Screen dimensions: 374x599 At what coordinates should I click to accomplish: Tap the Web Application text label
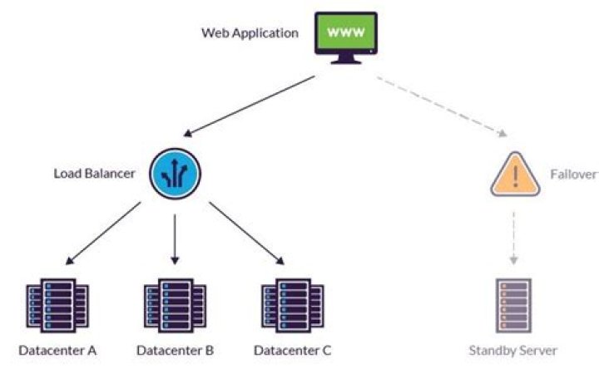[250, 33]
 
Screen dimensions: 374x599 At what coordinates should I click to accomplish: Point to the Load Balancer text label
[93, 174]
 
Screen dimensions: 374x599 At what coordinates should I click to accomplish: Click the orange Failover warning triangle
[514, 175]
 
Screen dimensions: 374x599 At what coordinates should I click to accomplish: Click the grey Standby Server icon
[513, 305]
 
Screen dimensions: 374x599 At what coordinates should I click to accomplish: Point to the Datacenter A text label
[57, 350]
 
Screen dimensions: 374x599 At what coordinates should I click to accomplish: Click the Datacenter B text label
[176, 350]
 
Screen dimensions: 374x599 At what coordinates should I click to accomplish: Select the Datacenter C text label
[293, 350]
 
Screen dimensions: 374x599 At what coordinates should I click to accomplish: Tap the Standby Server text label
[513, 350]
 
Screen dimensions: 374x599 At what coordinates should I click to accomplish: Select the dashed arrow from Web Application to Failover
[441, 106]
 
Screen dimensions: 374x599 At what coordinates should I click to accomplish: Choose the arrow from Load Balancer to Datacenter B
[176, 237]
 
